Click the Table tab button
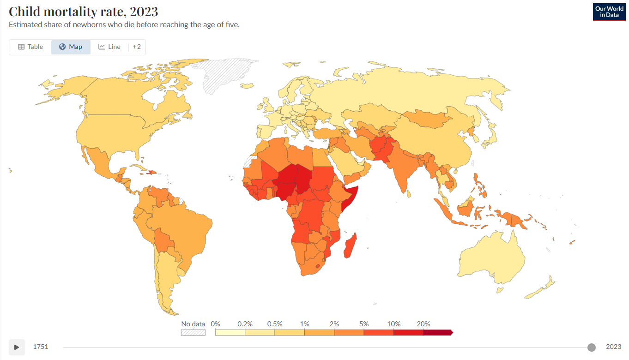coord(30,47)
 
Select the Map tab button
coord(71,47)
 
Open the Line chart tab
coord(109,47)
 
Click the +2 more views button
coord(137,47)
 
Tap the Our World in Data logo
coord(609,12)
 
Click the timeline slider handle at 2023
coord(591,347)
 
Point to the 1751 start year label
coord(40,347)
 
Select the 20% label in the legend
coord(423,324)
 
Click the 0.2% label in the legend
coord(245,324)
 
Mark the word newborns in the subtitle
coord(89,24)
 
